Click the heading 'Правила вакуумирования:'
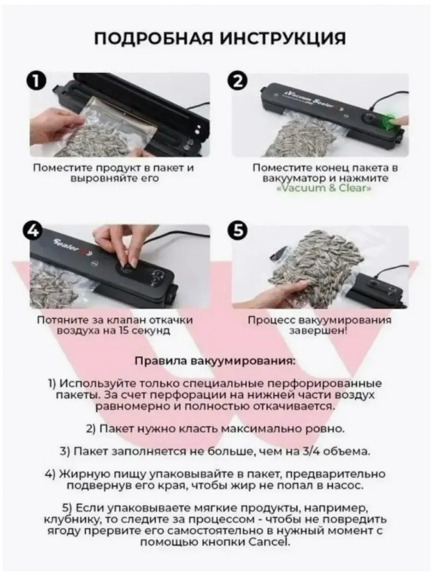point(215,361)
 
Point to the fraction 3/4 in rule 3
point(315,452)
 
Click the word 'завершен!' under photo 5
point(319,331)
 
